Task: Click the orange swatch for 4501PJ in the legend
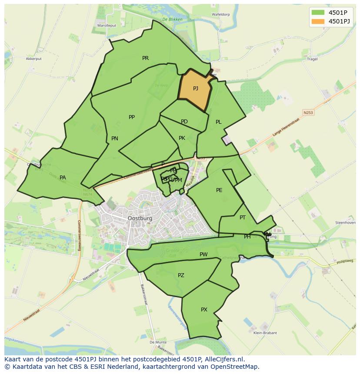pos(318,21)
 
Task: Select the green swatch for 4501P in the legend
pos(318,13)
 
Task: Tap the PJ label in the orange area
pos(196,89)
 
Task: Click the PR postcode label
pos(145,58)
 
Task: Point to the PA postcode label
pos(63,178)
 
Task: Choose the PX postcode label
pos(204,310)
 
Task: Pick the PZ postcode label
pos(181,275)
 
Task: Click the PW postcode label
pos(203,255)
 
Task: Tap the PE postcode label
pos(219,190)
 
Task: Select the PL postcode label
pos(219,122)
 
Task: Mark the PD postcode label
pos(184,122)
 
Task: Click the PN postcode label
pos(115,139)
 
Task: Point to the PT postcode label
pos(243,218)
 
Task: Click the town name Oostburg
pos(140,218)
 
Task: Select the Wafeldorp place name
pos(220,14)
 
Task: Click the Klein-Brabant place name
pos(265,333)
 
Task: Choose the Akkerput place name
pos(33,58)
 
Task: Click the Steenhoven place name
pos(345,223)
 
